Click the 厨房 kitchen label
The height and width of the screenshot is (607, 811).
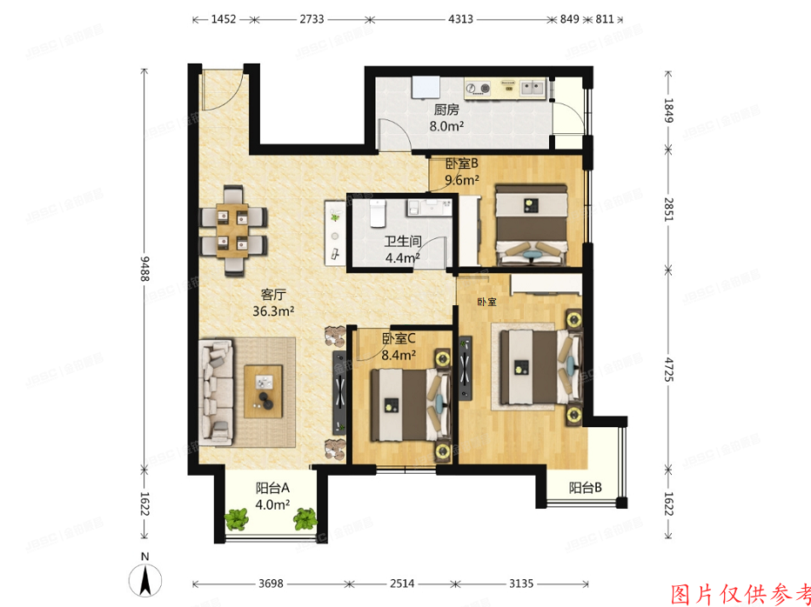click(x=446, y=110)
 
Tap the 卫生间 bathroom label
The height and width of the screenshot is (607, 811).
click(x=403, y=243)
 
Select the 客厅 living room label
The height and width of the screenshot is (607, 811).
click(x=273, y=294)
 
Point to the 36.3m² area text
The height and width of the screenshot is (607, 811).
click(x=273, y=310)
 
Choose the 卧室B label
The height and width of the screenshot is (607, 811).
click(x=462, y=164)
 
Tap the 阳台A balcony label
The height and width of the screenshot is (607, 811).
click(x=272, y=488)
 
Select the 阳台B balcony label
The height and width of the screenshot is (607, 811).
click(x=586, y=489)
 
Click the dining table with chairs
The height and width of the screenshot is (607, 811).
click(x=232, y=230)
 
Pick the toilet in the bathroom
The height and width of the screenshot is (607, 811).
click(x=378, y=211)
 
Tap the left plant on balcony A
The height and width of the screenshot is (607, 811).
click(x=237, y=520)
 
